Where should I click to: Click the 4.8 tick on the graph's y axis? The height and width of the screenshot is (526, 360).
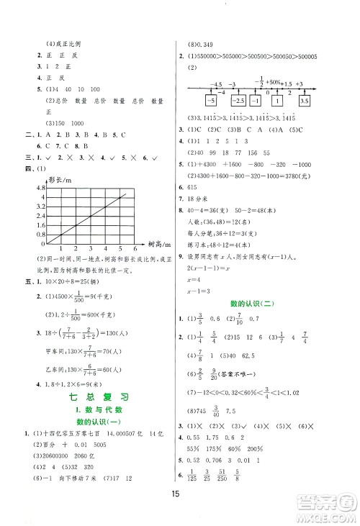(x=35, y=186)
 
